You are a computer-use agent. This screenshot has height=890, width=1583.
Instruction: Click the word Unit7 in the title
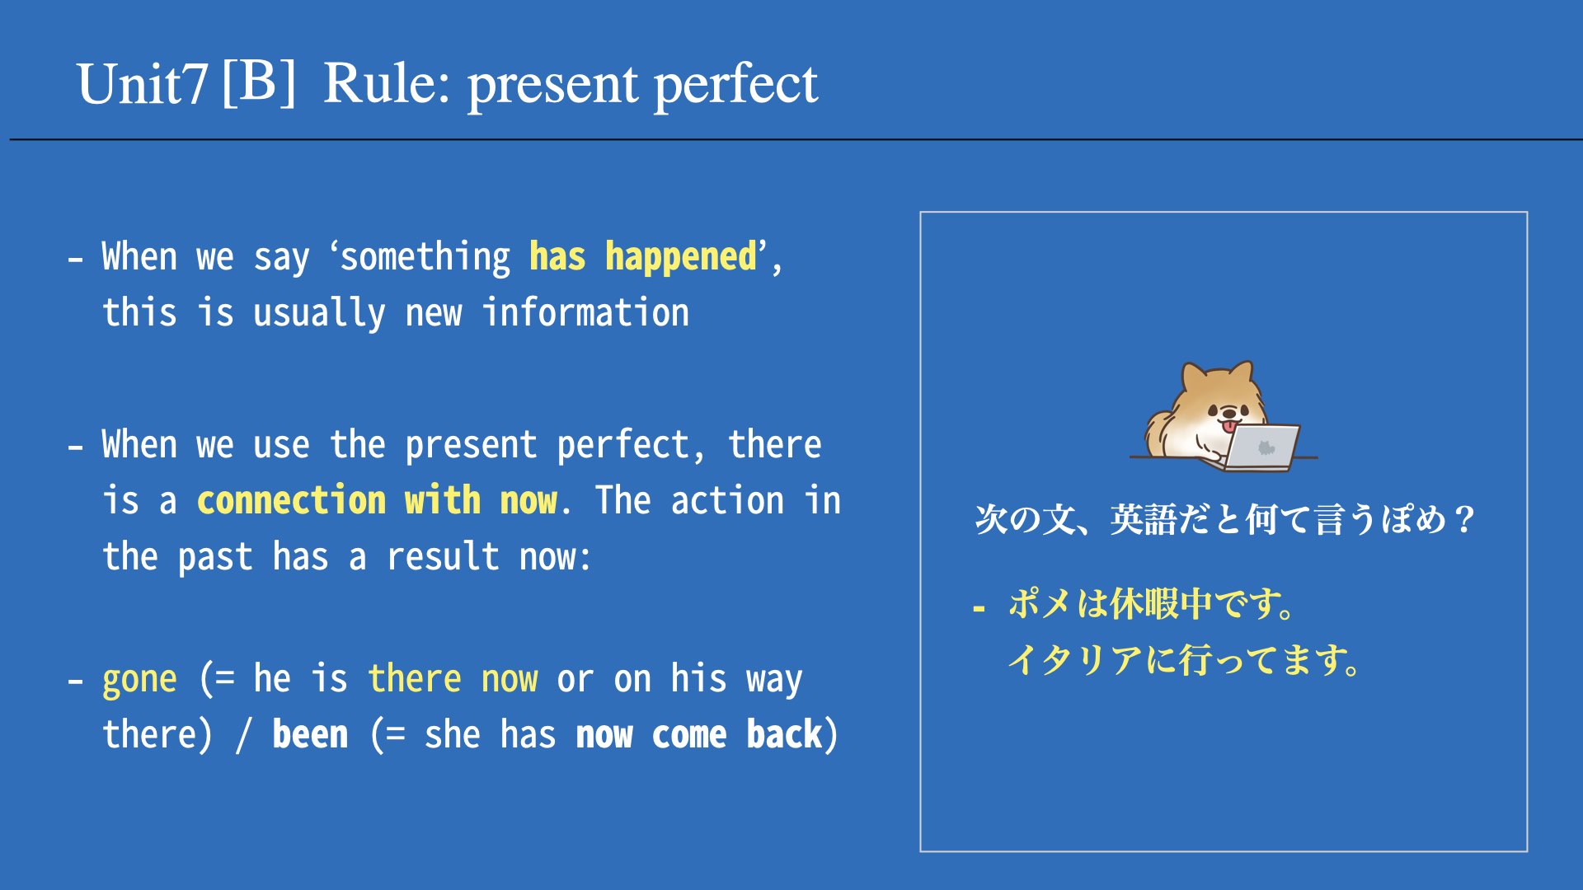141,84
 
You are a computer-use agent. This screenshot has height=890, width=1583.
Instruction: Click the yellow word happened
681,257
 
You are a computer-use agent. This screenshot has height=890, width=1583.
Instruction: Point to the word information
585,313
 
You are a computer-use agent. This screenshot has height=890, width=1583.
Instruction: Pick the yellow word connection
291,501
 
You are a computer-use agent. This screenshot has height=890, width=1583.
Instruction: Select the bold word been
310,734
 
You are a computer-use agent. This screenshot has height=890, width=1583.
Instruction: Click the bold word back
784,734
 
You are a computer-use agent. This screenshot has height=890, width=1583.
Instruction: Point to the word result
443,557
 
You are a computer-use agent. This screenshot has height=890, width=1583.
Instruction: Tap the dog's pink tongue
1229,426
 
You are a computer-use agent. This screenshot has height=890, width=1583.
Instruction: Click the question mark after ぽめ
1465,520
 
